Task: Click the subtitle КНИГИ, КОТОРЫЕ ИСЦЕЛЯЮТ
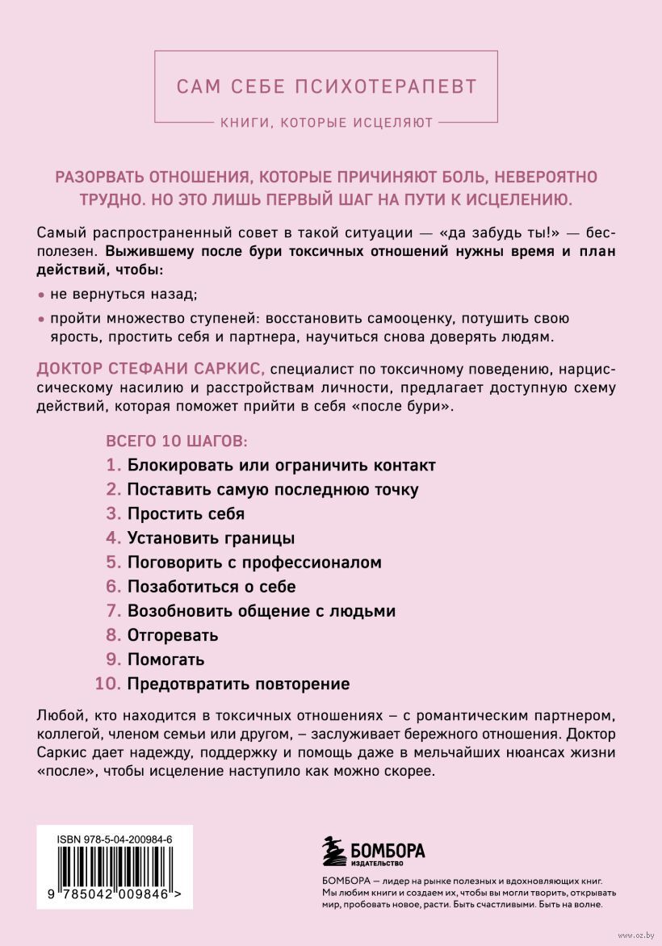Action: click(x=327, y=123)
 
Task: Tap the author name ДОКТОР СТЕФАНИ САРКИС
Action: click(x=151, y=368)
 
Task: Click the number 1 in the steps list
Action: click(x=112, y=466)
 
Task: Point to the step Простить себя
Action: click(x=186, y=513)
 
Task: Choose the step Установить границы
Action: click(x=211, y=538)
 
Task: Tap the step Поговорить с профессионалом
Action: click(x=254, y=562)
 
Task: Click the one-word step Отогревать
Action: click(x=173, y=635)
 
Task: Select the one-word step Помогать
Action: click(x=165, y=659)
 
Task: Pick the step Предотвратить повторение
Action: click(x=238, y=684)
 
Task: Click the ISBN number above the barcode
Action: click(x=115, y=840)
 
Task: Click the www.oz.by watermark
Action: click(x=638, y=936)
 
